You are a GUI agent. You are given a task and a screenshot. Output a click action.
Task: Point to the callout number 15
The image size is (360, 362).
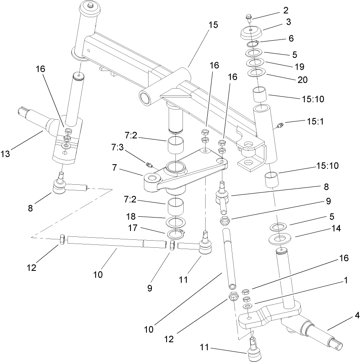[213, 25]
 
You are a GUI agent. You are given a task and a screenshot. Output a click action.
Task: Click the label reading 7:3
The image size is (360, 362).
[117, 147]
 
